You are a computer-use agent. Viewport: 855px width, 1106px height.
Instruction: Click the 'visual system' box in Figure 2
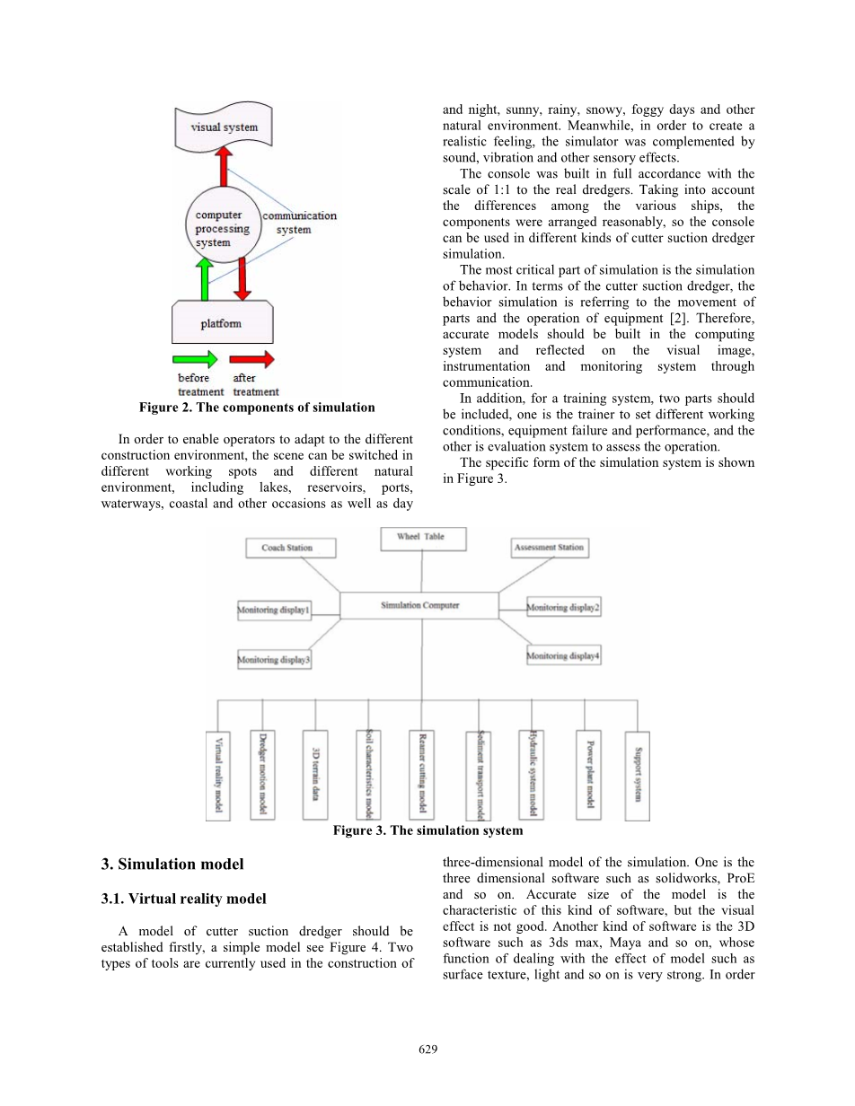[225, 127]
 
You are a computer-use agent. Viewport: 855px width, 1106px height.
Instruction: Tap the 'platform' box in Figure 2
[221, 323]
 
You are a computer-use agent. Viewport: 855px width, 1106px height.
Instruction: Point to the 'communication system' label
[299, 223]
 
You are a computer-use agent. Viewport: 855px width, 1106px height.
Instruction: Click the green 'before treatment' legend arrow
[198, 359]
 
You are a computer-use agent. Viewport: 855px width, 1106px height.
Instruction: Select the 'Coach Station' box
[287, 548]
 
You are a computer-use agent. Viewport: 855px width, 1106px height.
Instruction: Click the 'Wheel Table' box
[420, 538]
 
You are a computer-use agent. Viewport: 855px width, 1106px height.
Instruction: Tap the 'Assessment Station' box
[549, 547]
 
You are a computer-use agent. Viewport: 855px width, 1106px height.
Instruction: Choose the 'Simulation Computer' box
[419, 606]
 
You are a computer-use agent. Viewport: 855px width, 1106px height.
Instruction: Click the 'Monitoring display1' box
[275, 610]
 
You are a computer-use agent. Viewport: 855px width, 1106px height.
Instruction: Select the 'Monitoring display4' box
[563, 656]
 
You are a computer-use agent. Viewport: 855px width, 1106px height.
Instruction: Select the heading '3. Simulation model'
[172, 865]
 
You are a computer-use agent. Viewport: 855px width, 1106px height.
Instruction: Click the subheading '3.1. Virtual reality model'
[184, 899]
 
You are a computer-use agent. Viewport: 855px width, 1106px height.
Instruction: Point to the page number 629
[427, 1049]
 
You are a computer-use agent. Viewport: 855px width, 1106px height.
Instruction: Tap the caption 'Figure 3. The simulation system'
[427, 831]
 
